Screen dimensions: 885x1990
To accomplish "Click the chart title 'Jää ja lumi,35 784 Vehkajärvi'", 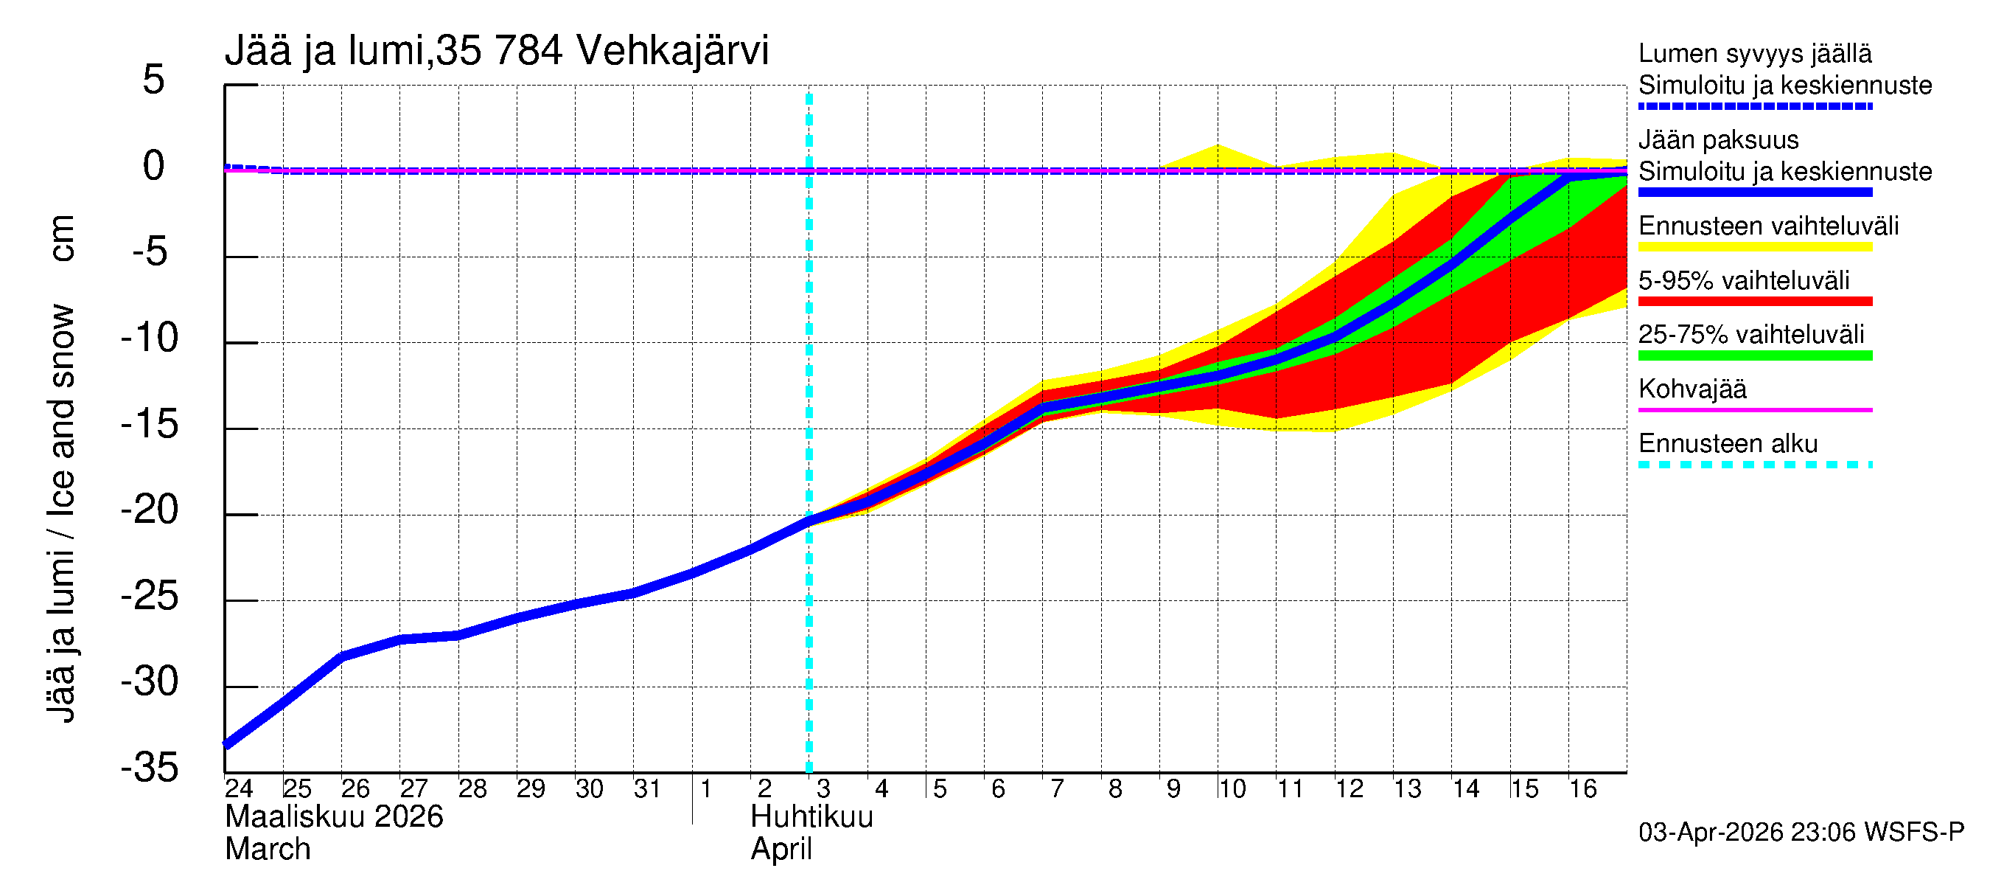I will click(x=496, y=51).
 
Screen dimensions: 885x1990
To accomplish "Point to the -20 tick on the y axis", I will click(x=150, y=511).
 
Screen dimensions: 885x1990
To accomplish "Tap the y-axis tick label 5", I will click(x=154, y=80).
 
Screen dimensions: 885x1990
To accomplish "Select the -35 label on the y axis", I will click(x=150, y=768).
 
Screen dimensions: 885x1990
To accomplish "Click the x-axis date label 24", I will click(x=239, y=789).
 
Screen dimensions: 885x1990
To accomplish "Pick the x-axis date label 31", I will click(x=646, y=789).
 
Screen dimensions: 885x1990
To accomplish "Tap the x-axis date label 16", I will click(x=1582, y=789).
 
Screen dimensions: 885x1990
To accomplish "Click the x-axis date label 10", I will click(x=1232, y=789).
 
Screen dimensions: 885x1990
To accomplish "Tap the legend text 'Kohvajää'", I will click(x=1691, y=389).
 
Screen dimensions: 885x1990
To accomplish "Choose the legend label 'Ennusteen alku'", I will click(x=1728, y=445).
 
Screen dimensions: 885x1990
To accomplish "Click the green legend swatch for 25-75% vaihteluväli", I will click(x=1754, y=355).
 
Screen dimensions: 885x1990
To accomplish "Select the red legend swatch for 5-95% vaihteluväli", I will click(x=1754, y=302).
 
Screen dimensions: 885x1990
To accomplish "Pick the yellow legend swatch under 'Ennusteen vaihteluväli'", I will click(x=1754, y=247).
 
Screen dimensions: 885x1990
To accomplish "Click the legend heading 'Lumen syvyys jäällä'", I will click(x=1754, y=54).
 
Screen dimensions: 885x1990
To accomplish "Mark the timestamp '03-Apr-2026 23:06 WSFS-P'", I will click(x=1801, y=833).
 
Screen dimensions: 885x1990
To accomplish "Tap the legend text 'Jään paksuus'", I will click(x=1718, y=141).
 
